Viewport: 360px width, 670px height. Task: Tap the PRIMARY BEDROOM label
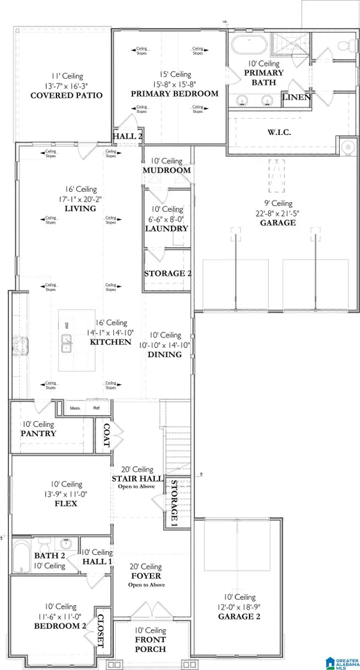175,94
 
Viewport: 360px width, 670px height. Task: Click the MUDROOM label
166,170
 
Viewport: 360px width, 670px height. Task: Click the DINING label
165,354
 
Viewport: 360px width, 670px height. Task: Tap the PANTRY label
38,433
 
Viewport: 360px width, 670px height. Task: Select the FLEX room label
64,503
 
